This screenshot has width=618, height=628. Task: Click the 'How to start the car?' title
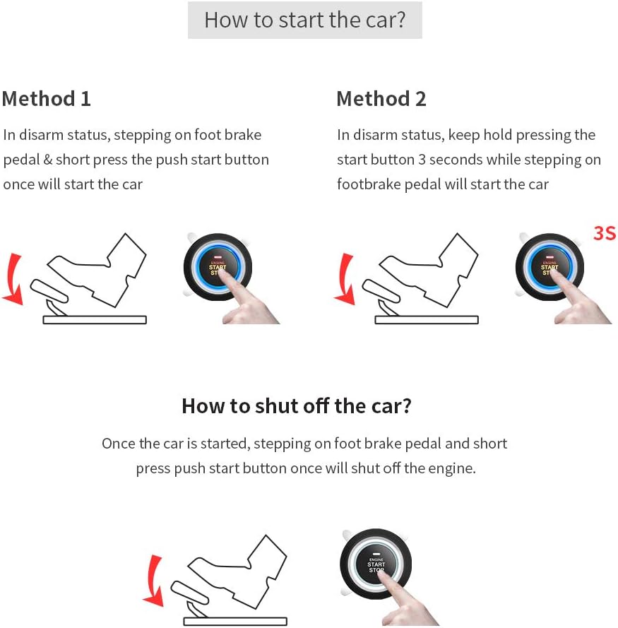click(304, 20)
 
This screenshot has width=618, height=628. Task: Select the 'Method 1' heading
click(47, 98)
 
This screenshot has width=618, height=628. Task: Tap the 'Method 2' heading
click(381, 98)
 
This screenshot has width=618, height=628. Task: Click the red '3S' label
click(604, 232)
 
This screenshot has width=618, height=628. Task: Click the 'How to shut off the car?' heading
click(296, 405)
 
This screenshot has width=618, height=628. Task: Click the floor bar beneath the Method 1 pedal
click(95, 320)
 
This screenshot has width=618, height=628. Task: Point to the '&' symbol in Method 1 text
click(48, 160)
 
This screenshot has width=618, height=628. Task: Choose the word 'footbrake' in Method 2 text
click(367, 184)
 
